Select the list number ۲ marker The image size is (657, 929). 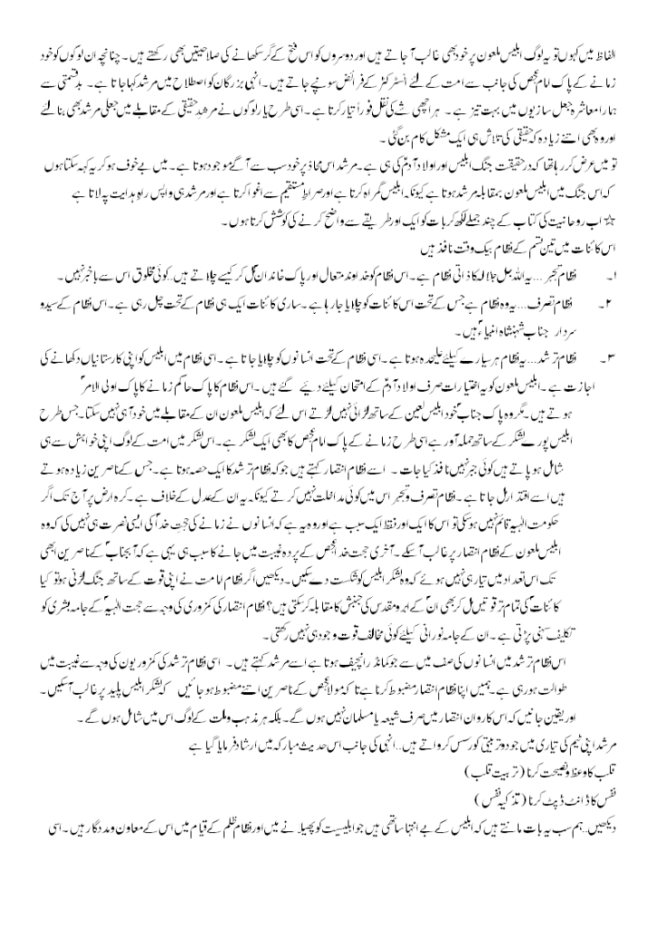pyautogui.click(x=625, y=298)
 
